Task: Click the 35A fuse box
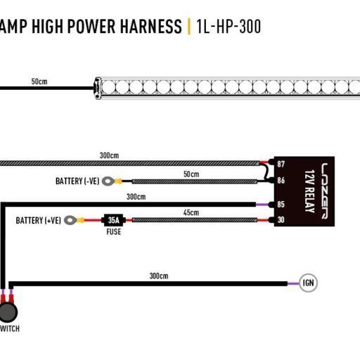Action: pyautogui.click(x=113, y=220)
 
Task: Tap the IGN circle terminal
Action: pyautogui.click(x=308, y=283)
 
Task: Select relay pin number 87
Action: pyautogui.click(x=281, y=164)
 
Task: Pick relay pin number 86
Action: pyautogui.click(x=281, y=180)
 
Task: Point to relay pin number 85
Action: pyautogui.click(x=281, y=204)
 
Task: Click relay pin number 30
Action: pyautogui.click(x=281, y=219)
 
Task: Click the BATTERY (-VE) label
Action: pyautogui.click(x=77, y=181)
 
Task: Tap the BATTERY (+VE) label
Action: pyautogui.click(x=38, y=221)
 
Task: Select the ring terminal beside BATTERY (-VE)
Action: pyautogui.click(x=108, y=181)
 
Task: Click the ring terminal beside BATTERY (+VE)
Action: pyautogui.click(x=70, y=220)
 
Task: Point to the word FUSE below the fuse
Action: pyautogui.click(x=114, y=232)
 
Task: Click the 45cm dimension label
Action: pyautogui.click(x=191, y=212)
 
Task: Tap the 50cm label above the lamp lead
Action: pyautogui.click(x=39, y=82)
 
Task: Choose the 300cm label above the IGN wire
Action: pyautogui.click(x=159, y=276)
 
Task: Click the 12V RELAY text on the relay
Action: pyautogui.click(x=309, y=191)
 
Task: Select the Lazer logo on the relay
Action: pyautogui.click(x=324, y=191)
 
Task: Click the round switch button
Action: pyautogui.click(x=8, y=312)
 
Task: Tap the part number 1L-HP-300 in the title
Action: pyautogui.click(x=229, y=27)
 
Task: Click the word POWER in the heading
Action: pyautogui.click(x=91, y=26)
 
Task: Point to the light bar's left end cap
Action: pyautogui.click(x=98, y=89)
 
